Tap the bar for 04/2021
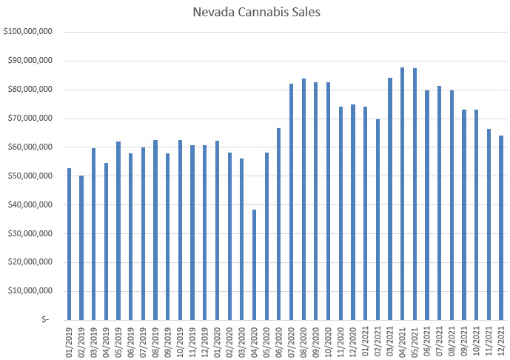403,193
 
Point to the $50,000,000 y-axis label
30,176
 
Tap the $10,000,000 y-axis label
30,291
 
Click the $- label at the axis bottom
46,320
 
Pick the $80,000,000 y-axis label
30,90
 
